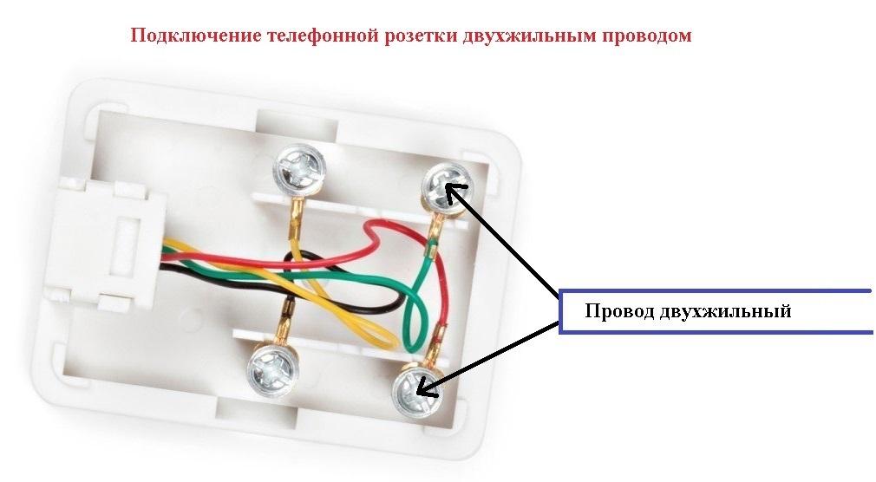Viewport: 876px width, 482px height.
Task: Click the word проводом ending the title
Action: coord(644,36)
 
